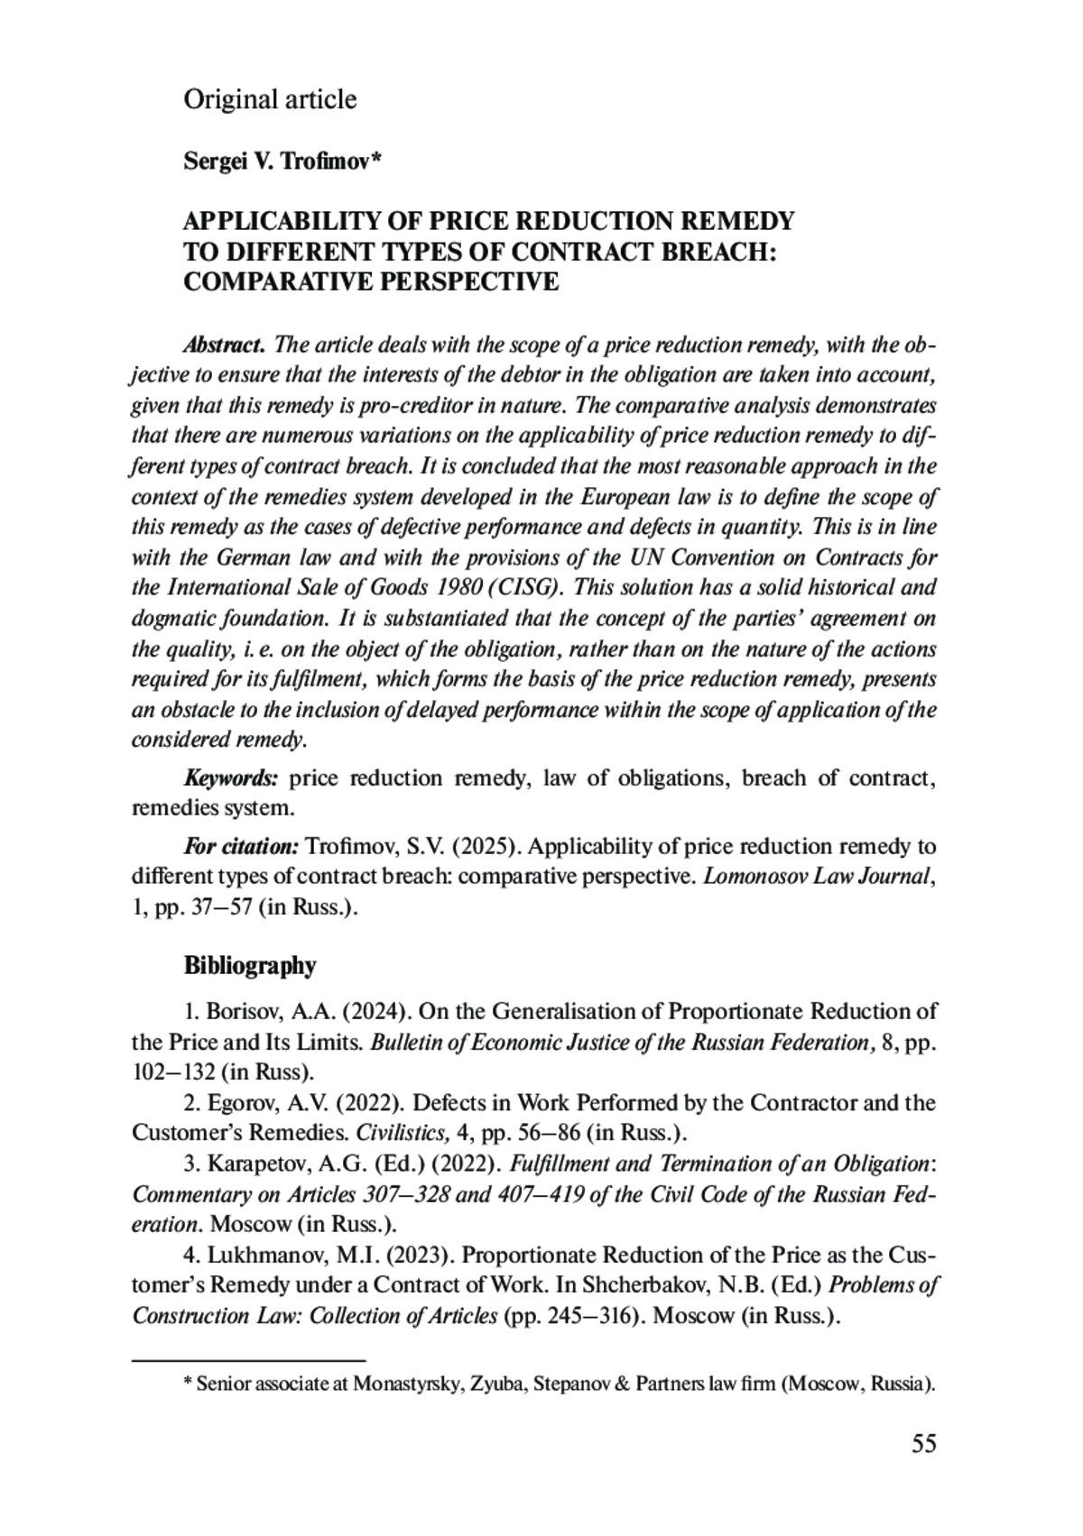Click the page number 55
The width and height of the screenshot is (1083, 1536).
(923, 1444)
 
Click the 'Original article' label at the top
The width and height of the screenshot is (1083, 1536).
(270, 99)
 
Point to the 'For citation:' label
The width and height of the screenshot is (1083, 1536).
(241, 847)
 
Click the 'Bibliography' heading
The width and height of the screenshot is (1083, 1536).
(250, 966)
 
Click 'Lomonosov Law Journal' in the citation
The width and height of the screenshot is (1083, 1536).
(816, 877)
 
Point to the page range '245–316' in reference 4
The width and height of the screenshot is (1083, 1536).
(588, 1316)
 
